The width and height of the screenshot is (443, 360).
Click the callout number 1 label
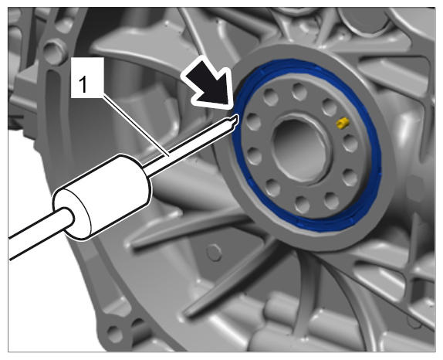[83, 85]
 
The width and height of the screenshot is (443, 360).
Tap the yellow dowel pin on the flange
[343, 123]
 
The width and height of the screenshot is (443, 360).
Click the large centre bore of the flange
[300, 149]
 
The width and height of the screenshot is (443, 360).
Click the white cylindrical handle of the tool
[103, 197]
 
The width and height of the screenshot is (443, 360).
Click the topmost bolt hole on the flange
[299, 91]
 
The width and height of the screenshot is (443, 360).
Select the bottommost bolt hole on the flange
[302, 204]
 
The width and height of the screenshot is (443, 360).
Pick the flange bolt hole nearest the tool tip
[253, 121]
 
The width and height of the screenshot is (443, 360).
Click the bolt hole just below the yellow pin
[350, 143]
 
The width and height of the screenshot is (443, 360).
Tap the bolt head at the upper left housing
[54, 52]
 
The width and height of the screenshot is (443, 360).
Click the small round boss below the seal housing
[214, 253]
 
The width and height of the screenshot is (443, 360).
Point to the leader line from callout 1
[136, 126]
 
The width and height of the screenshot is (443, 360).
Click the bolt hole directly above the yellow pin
[330, 107]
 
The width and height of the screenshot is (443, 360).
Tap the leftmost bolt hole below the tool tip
[254, 156]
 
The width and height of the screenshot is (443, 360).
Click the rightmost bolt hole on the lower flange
[350, 178]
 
